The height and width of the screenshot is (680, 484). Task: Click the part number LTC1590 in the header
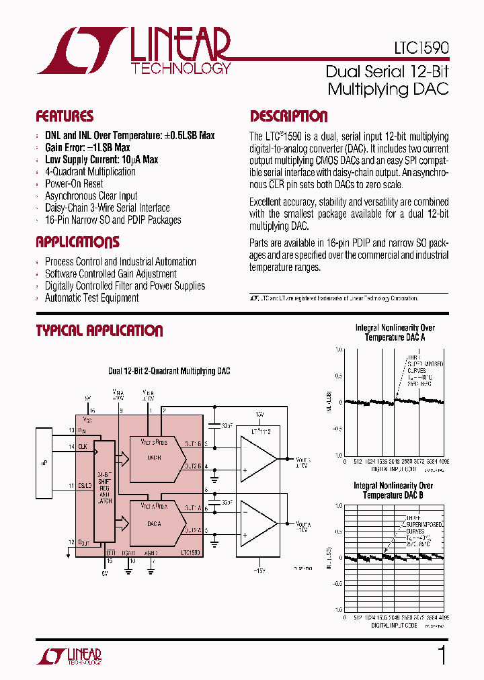(x=421, y=48)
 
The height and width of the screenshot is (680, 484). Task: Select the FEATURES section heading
(x=65, y=116)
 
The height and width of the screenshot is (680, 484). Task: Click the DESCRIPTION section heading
(x=289, y=116)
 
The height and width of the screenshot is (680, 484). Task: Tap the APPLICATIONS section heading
(x=77, y=242)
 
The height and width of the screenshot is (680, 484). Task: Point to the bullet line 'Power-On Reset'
(x=74, y=183)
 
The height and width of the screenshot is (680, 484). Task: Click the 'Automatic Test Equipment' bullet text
(x=91, y=298)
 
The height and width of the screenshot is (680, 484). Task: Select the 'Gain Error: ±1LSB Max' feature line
(x=87, y=147)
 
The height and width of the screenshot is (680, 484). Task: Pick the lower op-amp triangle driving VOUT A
(x=259, y=523)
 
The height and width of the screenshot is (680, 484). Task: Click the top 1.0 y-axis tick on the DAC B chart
(x=338, y=505)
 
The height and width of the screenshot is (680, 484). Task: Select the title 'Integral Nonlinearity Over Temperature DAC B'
(x=393, y=490)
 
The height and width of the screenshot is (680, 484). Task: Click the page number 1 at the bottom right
(x=442, y=655)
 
